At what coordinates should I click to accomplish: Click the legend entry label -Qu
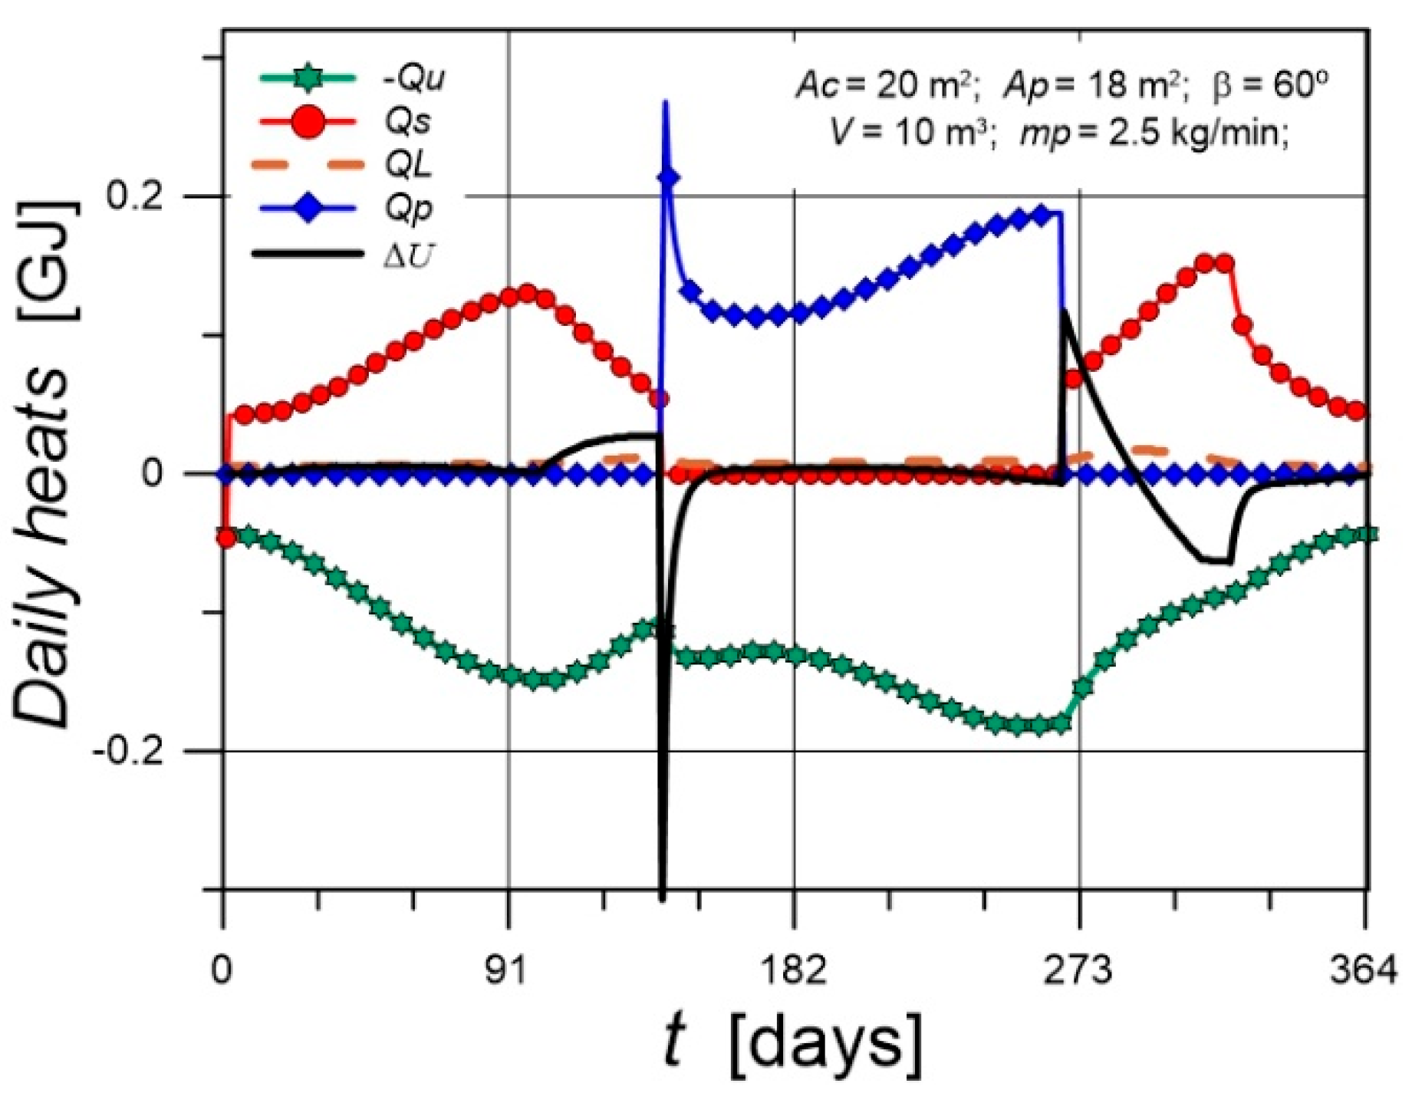pyautogui.click(x=413, y=79)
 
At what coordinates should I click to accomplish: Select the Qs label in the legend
pyautogui.click(x=408, y=122)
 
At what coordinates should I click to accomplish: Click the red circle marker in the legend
pyautogui.click(x=308, y=123)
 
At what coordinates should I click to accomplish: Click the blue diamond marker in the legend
pyautogui.click(x=308, y=208)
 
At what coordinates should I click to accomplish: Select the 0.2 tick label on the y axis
pyautogui.click(x=135, y=196)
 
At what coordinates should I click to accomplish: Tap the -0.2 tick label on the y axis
pyautogui.click(x=128, y=751)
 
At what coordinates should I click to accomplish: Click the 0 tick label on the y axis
pyautogui.click(x=153, y=473)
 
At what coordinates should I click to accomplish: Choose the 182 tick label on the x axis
pyautogui.click(x=795, y=972)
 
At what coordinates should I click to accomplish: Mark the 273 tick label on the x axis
pyautogui.click(x=1079, y=972)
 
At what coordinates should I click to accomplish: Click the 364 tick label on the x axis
pyautogui.click(x=1364, y=972)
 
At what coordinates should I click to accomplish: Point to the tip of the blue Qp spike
pyautogui.click(x=665, y=102)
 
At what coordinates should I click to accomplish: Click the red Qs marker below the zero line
pyautogui.click(x=225, y=538)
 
